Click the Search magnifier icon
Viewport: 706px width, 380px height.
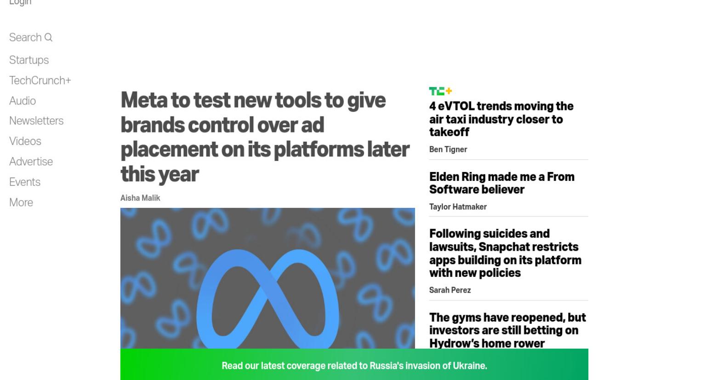48,38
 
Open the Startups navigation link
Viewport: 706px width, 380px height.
29,60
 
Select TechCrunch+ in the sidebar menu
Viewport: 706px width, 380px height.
40,81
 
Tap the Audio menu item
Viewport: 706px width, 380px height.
23,101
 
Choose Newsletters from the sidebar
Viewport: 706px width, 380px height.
36,121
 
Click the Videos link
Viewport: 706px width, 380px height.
25,141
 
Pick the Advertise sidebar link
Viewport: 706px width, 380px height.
31,161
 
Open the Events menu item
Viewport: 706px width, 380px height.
24,182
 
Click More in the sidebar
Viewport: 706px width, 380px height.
21,202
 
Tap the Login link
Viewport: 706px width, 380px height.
20,2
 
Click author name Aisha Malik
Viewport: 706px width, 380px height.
140,198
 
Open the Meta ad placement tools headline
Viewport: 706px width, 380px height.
265,137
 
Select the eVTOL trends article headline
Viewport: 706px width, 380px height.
501,119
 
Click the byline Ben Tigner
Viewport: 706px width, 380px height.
448,150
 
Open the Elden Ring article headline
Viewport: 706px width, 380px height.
502,183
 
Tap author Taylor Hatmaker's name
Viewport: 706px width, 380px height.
458,207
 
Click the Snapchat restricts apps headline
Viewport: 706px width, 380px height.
505,253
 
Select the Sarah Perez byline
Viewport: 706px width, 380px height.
450,290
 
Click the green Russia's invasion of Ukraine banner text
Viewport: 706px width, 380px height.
354,365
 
